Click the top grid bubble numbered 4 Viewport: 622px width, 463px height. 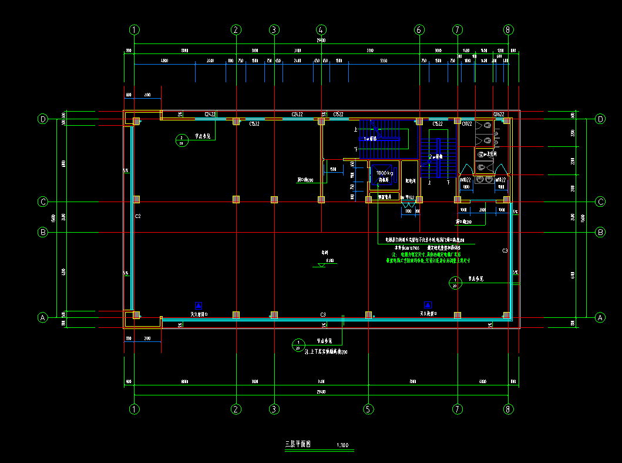pos(321,29)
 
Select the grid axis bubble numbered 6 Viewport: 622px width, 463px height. pos(419,29)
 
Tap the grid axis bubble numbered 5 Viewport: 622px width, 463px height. pos(368,409)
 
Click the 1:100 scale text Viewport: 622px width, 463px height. pos(342,445)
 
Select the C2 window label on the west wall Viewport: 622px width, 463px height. pos(137,217)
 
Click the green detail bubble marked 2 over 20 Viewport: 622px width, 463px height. pos(181,139)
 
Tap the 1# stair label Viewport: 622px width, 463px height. pos(370,139)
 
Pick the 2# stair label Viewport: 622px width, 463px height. pos(435,157)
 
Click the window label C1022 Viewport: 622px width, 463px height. pos(468,125)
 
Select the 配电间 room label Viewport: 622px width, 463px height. pos(411,181)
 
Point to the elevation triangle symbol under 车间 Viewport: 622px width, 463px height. pos(321,265)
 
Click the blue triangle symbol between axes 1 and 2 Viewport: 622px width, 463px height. pos(199,305)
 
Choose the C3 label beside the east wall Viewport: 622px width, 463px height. pos(505,251)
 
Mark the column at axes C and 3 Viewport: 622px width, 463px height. pos(274,200)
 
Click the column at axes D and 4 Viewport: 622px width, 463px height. pos(321,121)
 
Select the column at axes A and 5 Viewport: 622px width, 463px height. pos(368,315)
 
